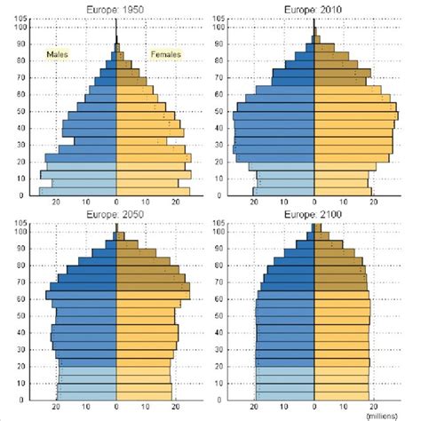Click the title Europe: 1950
coord(116,8)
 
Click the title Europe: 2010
coord(314,8)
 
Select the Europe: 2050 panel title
coord(116,216)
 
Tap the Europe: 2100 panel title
coord(314,216)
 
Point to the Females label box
coord(165,54)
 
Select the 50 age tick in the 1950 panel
coord(19,110)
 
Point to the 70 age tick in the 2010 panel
coord(218,76)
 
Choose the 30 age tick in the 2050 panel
coord(19,350)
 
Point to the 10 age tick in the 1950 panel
coord(19,179)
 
